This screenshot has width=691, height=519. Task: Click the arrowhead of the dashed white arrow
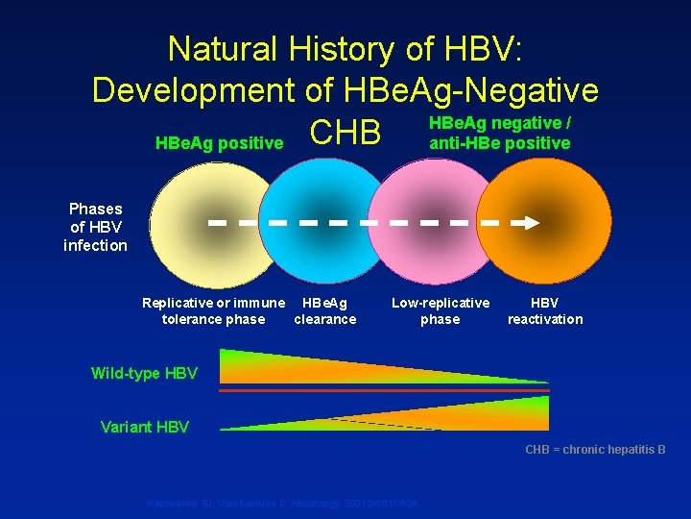tap(531, 222)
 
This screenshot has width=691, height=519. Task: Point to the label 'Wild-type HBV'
tap(144, 373)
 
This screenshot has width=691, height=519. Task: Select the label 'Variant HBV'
tap(145, 427)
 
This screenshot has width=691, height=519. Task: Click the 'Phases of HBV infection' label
tap(95, 227)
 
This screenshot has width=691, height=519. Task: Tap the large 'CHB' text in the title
tap(345, 135)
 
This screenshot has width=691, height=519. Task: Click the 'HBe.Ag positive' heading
tap(219, 144)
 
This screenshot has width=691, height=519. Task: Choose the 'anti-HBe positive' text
tap(499, 143)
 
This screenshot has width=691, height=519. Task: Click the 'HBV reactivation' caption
tap(545, 311)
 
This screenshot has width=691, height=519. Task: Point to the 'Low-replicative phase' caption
tap(441, 311)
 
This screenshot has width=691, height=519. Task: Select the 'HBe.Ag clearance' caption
tap(324, 311)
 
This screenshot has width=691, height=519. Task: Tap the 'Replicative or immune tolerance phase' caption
tap(213, 311)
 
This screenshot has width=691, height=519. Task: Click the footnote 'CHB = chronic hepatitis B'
tap(595, 449)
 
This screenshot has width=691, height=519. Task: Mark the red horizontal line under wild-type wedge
tap(384, 391)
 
